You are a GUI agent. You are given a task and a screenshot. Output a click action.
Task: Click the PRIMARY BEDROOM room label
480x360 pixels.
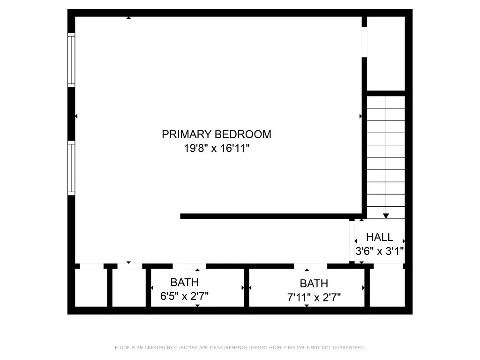click(216, 135)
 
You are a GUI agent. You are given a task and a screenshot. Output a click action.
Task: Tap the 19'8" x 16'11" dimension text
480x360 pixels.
click(216, 149)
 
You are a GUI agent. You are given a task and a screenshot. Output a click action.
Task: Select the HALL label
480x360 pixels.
click(379, 237)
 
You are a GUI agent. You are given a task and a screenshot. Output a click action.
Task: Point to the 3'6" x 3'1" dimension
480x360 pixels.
click(379, 251)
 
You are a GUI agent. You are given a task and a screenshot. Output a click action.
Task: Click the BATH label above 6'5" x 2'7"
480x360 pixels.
click(184, 283)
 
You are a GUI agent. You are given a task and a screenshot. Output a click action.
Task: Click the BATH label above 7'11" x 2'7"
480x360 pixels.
click(314, 284)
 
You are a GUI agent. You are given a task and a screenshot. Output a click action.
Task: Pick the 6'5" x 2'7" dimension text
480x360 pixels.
click(184, 296)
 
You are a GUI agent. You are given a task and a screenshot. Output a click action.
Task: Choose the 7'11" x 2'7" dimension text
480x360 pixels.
click(314, 297)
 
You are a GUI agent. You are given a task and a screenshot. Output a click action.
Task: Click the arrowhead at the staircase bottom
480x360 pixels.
click(386, 216)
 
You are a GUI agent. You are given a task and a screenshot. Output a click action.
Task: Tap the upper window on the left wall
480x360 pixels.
click(71, 60)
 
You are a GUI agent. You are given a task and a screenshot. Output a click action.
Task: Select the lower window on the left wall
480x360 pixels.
click(71, 168)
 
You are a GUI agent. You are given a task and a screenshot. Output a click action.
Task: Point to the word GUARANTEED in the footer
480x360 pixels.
click(348, 348)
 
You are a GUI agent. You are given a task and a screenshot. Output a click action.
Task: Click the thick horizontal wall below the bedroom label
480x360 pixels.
click(272, 216)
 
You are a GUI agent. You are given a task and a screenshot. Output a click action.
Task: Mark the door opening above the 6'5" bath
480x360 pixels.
click(189, 266)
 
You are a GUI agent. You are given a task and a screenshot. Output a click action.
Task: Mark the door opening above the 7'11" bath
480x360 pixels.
click(310, 266)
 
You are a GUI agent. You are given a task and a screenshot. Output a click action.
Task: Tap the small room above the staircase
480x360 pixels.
click(385, 53)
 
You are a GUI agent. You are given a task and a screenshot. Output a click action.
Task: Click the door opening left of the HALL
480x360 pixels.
click(352, 240)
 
